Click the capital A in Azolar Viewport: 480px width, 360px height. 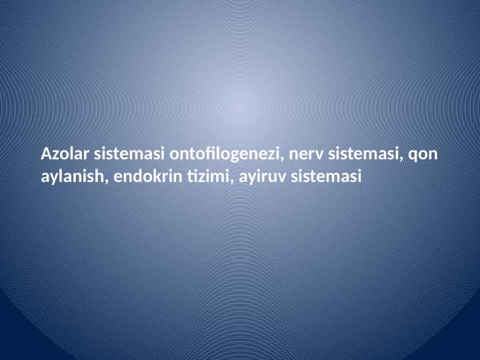click(46, 155)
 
